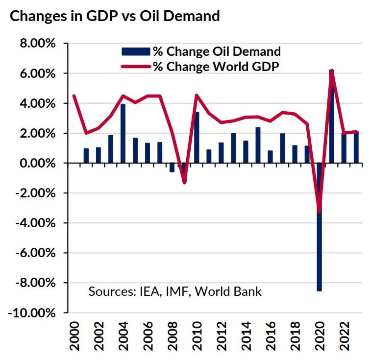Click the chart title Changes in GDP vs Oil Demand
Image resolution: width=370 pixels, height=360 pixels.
pyautogui.click(x=114, y=16)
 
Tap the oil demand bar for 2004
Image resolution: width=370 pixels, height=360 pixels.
pyautogui.click(x=123, y=133)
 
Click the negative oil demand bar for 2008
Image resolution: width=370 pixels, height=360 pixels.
pyautogui.click(x=172, y=168)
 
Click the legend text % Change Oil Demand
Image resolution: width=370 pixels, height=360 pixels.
pyautogui.click(x=216, y=51)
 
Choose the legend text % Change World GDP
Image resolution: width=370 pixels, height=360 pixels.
pyautogui.click(x=216, y=67)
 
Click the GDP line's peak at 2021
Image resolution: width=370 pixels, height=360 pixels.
pyautogui.click(x=332, y=72)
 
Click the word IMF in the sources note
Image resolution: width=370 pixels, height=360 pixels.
pyautogui.click(x=175, y=292)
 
